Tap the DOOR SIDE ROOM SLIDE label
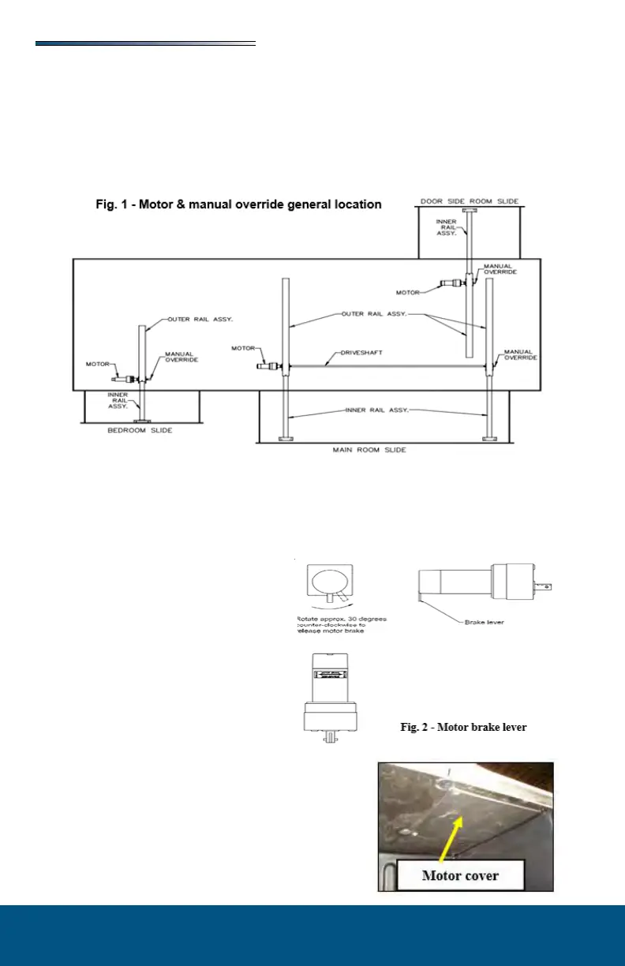click(x=470, y=201)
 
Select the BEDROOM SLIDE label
click(x=140, y=431)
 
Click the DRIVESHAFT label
click(x=362, y=353)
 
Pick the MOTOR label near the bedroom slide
click(x=97, y=364)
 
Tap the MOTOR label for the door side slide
click(x=408, y=292)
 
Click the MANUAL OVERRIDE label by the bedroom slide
click(x=180, y=357)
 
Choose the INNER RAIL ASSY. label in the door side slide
click(x=447, y=227)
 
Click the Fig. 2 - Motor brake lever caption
click(x=463, y=727)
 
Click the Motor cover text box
click(x=460, y=875)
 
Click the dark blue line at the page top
click(x=145, y=44)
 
